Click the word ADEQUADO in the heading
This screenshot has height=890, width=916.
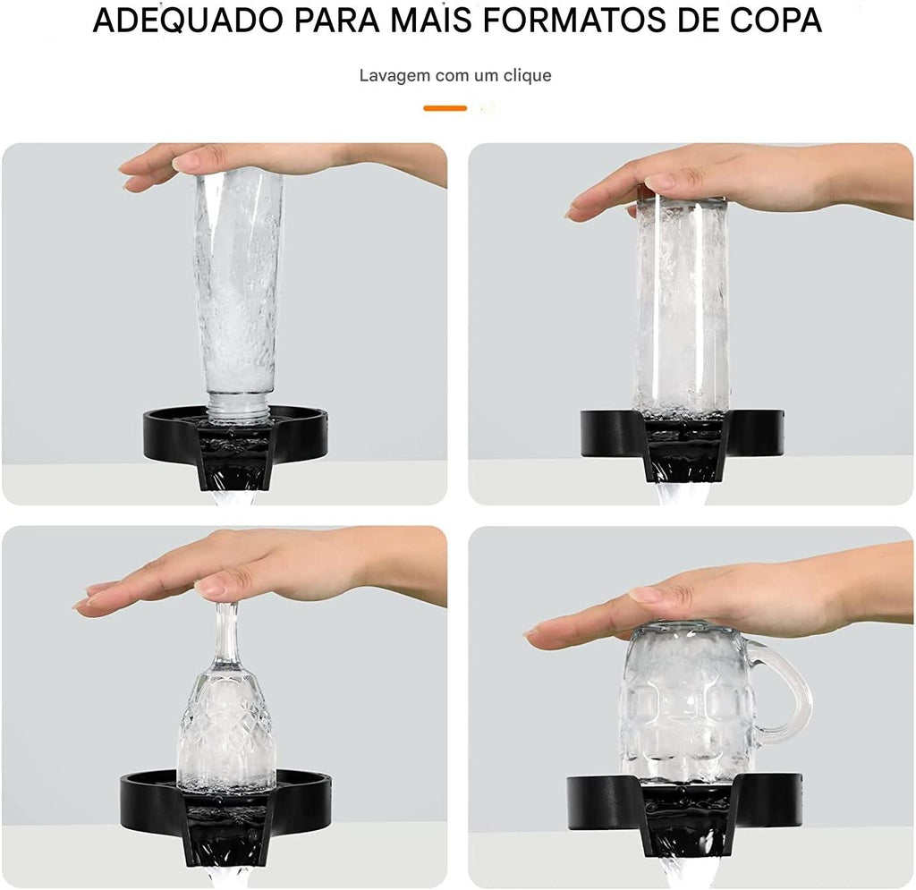[189, 21]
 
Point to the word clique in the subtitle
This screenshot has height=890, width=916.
[528, 76]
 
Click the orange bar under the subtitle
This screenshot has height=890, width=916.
[445, 108]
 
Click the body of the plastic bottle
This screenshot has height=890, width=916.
[238, 280]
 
